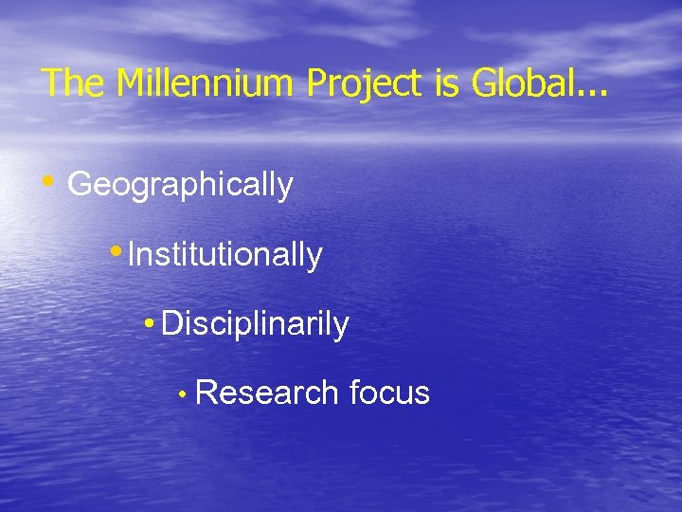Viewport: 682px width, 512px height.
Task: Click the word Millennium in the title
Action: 205,83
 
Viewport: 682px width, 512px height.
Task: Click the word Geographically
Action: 180,185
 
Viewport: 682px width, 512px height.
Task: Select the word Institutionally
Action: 224,255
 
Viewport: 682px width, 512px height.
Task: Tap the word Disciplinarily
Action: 255,324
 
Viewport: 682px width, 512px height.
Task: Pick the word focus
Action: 389,393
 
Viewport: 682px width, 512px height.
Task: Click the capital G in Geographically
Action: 79,184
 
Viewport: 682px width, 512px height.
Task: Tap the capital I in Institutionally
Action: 131,254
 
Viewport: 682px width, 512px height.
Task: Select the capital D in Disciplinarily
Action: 171,324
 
